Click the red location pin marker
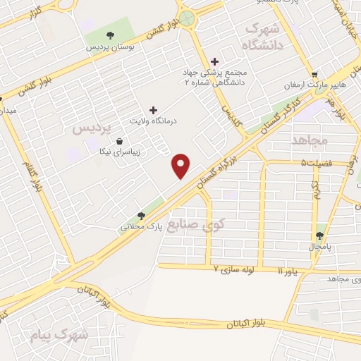[181, 165]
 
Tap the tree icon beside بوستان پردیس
[109, 35]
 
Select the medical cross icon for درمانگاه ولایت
[153, 110]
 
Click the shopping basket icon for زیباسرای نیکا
[119, 140]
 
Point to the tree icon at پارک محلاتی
[141, 216]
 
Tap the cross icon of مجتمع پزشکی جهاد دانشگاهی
[215, 62]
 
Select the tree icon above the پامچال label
[321, 236]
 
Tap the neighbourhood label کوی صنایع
[226, 226]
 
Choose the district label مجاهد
[310, 140]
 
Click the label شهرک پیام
[61, 335]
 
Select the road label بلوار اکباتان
[254, 324]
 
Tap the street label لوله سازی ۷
[237, 269]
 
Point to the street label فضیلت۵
[316, 164]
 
